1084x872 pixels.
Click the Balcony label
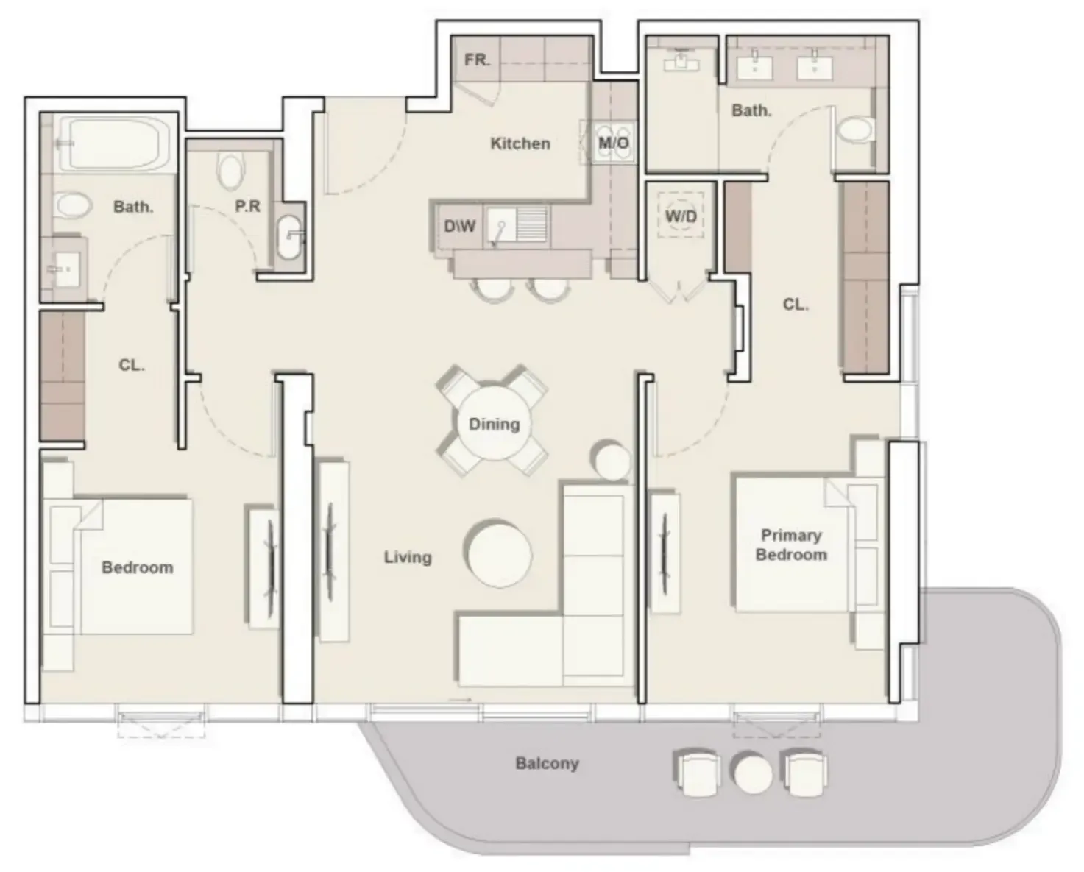tap(547, 764)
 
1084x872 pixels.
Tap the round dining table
tap(494, 422)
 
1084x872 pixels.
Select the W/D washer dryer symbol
tap(681, 216)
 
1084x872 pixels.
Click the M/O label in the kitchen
tap(614, 143)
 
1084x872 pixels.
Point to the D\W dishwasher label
tap(459, 226)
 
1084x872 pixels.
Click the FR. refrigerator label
tap(477, 60)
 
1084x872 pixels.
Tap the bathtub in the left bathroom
tap(116, 143)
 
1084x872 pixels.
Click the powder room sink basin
tap(288, 237)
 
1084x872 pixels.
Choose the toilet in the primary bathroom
tap(854, 129)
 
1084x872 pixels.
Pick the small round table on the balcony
tap(753, 773)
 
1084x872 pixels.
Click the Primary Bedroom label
tap(791, 545)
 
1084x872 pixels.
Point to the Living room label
tap(408, 557)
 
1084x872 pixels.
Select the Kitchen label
tap(520, 143)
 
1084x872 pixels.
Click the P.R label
tap(247, 206)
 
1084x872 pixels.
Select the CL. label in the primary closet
tap(796, 304)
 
